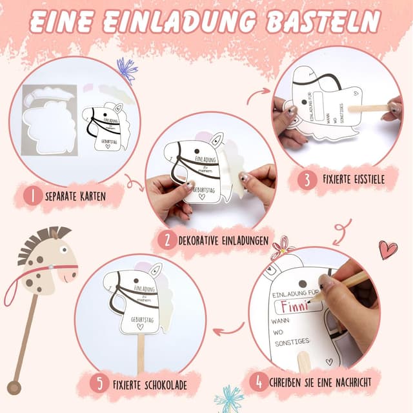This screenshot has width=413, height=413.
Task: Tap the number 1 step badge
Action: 32,195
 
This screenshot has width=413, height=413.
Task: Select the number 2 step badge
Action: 167,241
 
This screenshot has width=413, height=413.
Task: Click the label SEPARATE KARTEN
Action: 76,195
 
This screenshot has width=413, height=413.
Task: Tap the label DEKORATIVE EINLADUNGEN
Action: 223,241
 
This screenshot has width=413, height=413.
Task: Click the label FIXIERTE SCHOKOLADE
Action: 150,385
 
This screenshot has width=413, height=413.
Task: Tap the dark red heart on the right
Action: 387,249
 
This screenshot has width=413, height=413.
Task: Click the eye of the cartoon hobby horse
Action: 63,249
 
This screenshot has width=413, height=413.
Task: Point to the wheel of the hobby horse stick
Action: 14,388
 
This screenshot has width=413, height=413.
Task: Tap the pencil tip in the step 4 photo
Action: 312,300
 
